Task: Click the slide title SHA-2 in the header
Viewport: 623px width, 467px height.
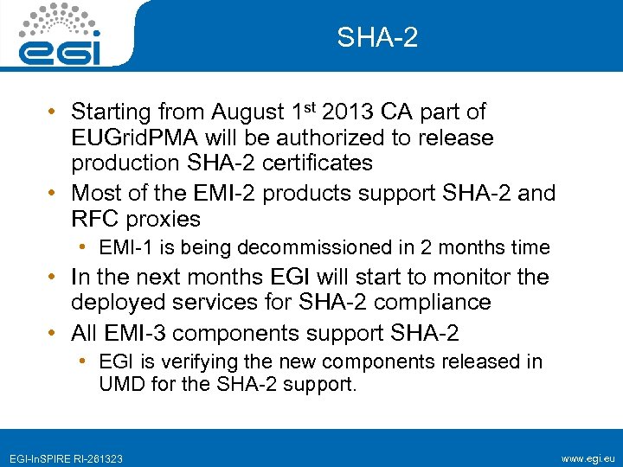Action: click(377, 37)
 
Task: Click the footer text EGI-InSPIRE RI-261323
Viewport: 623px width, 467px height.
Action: click(66, 457)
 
